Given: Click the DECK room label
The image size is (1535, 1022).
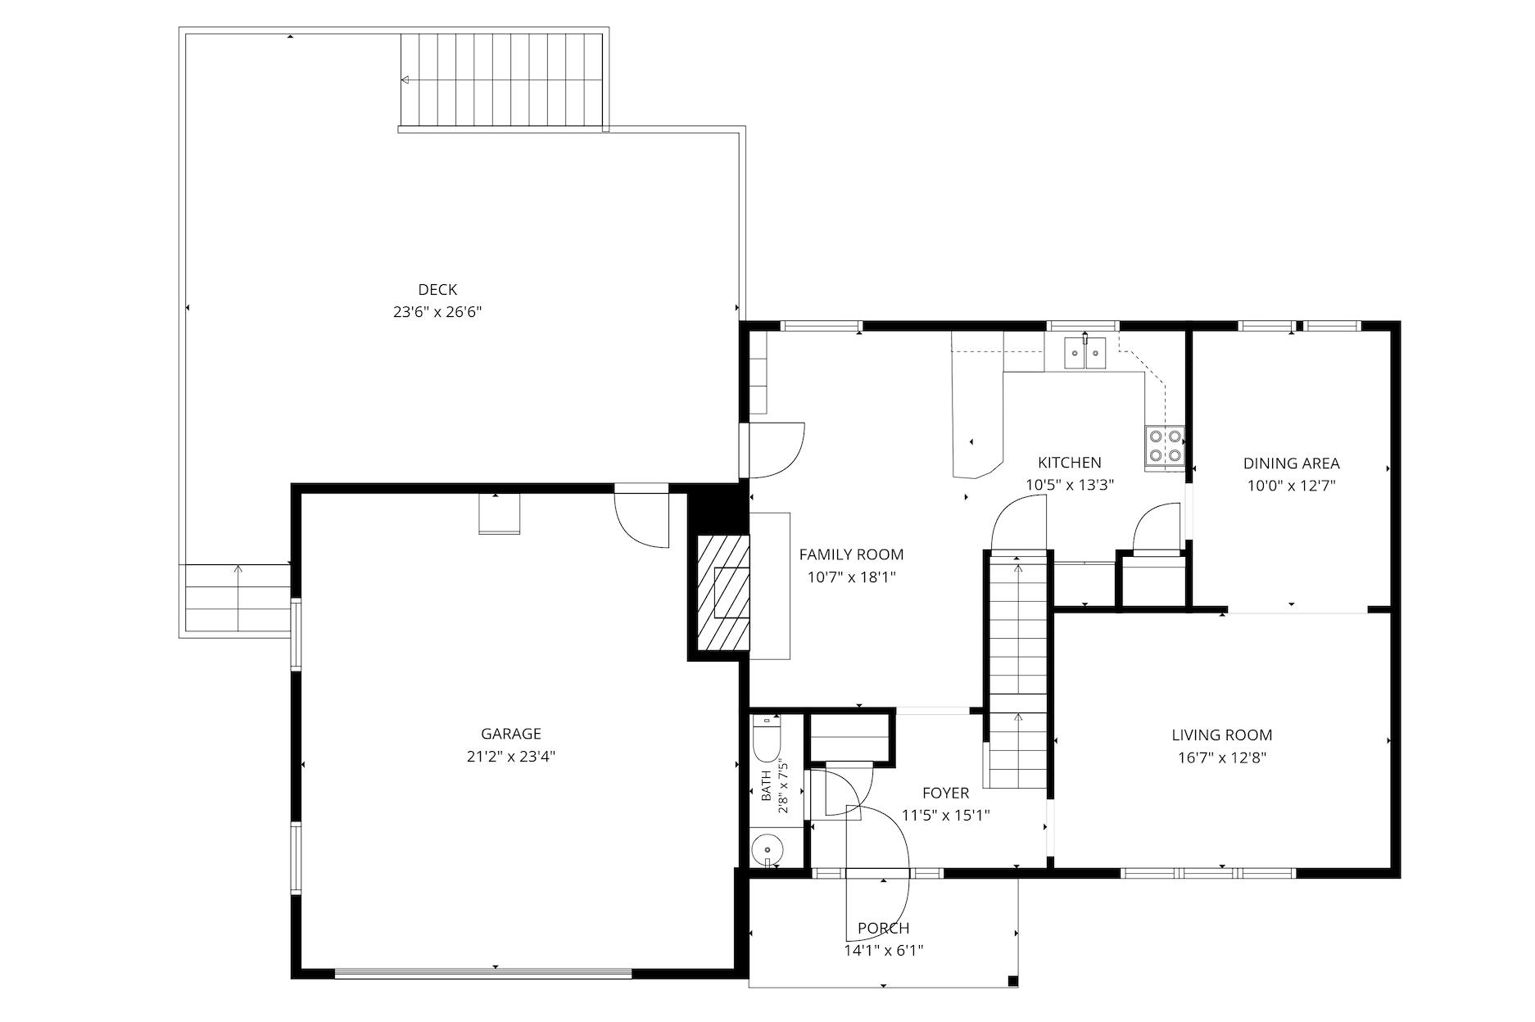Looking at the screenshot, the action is coord(437,289).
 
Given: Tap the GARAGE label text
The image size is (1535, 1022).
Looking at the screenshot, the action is coord(511,734).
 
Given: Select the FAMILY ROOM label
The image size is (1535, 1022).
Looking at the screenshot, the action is coord(852,554).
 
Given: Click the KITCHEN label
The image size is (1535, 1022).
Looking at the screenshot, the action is coord(1070,463).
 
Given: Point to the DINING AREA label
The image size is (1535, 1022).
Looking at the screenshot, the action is coord(1292,464).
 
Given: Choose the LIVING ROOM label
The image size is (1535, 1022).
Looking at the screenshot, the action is coord(1222,735).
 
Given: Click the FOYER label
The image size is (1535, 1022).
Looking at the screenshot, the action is coord(946,793).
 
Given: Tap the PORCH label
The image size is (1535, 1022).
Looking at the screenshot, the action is coord(884,928).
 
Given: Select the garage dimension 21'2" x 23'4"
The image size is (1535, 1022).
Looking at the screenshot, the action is coord(511,757).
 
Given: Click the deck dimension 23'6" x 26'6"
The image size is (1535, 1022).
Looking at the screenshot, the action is coord(437,312).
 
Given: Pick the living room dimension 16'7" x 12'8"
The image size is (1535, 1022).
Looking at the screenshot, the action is coord(1222,758).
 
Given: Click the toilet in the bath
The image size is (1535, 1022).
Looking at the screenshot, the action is coord(766,739).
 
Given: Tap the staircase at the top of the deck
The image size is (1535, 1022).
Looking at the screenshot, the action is coord(501,80).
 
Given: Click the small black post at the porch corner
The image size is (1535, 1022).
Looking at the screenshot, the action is coord(1013,981).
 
